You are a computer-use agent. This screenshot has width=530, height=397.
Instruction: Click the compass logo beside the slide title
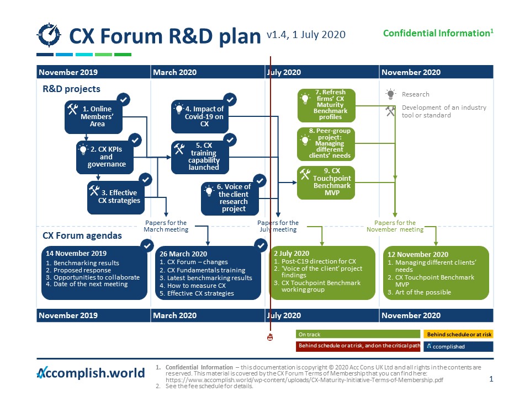[x=49, y=35]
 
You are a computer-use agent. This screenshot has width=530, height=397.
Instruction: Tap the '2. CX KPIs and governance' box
[x=103, y=157]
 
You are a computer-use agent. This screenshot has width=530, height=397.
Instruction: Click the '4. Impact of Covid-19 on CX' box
[x=199, y=116]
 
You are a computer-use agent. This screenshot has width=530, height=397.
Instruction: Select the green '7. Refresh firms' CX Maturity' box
[x=326, y=105]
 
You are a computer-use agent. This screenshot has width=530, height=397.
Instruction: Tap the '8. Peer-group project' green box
[x=326, y=143]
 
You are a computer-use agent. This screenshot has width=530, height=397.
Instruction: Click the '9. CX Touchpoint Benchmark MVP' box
[x=326, y=183]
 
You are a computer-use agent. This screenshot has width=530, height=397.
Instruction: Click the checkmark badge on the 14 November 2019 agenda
[x=147, y=245]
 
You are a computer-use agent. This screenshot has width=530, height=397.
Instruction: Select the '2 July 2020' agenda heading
[x=292, y=254]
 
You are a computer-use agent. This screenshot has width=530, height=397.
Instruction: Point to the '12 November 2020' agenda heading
[x=417, y=254]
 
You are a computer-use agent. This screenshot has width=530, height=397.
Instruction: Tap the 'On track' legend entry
[x=358, y=334]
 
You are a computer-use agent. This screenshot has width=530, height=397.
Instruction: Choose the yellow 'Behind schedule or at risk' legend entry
[x=458, y=334]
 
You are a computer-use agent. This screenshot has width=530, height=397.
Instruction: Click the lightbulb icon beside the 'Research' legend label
[x=390, y=94]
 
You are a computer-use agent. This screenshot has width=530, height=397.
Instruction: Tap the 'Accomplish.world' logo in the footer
[x=91, y=373]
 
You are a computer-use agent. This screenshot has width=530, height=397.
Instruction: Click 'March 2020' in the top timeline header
[x=174, y=72]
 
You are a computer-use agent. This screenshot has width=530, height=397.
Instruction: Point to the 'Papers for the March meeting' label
[x=166, y=226]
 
